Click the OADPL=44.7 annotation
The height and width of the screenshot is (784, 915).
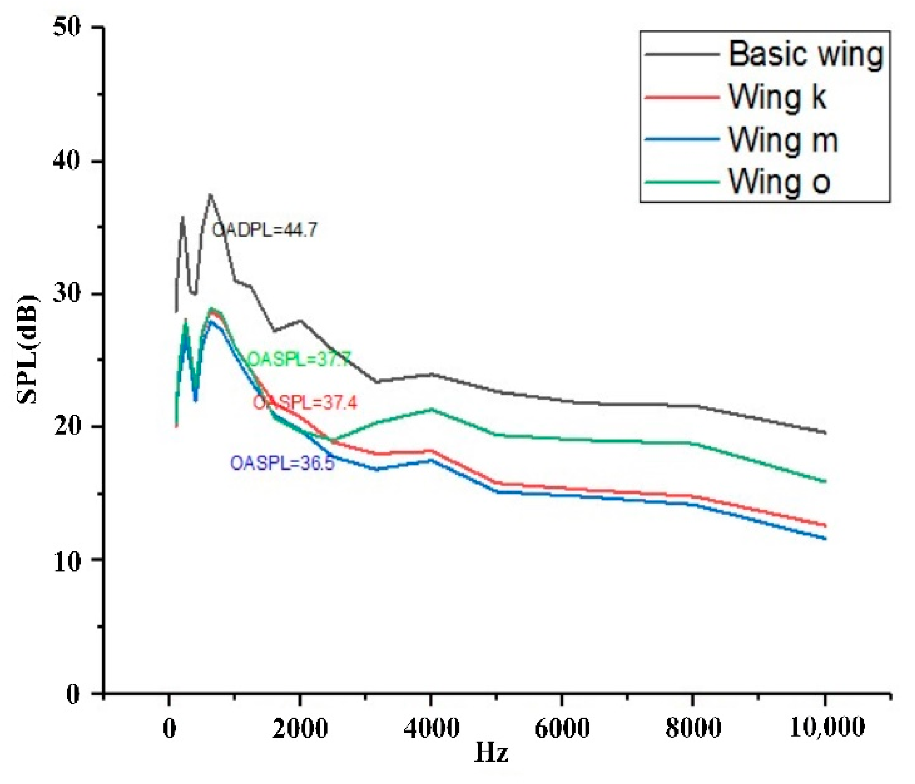264,230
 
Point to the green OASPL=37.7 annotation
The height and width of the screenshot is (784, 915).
299,359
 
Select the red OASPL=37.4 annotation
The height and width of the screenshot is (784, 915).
305,403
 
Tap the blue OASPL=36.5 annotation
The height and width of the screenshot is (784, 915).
282,463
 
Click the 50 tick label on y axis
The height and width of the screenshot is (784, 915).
67,27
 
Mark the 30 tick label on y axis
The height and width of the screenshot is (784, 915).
67,293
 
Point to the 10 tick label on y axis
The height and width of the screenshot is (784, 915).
67,561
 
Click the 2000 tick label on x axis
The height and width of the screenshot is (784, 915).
300,728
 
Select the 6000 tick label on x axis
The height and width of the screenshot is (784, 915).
562,728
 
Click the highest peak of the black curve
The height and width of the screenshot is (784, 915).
210,195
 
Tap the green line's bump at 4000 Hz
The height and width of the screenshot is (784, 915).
431,409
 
